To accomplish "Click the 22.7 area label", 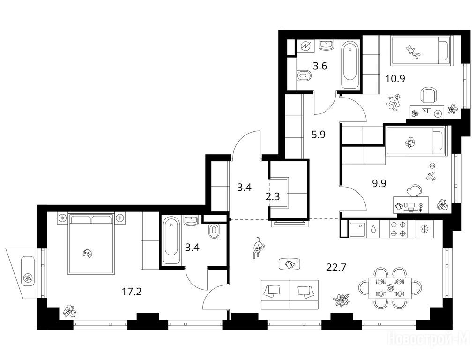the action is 336,268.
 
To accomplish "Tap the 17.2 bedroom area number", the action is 132,292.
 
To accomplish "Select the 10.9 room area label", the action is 395,79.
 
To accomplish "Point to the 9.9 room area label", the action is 379,183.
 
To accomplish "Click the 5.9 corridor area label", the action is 319,134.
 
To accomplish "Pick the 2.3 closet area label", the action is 273,197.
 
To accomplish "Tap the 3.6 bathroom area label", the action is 320,66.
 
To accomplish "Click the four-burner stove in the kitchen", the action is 398,229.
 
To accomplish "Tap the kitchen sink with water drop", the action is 372,229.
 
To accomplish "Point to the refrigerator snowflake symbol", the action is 424,229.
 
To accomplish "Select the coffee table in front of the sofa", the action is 290,264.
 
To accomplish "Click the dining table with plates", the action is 390,288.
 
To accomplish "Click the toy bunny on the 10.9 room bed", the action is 413,52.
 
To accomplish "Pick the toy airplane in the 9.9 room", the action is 431,176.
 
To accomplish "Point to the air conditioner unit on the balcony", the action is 28,275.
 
